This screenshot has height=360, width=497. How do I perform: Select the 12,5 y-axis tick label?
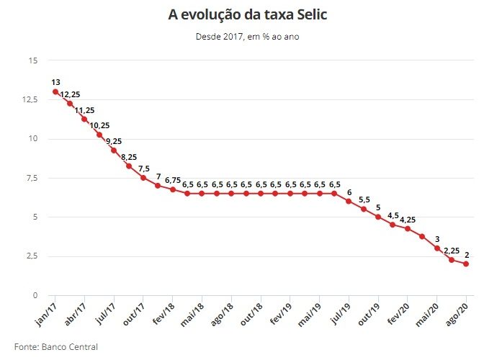[x=28, y=99]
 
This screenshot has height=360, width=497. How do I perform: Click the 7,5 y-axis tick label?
[x=30, y=178]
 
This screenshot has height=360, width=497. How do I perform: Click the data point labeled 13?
[x=55, y=91]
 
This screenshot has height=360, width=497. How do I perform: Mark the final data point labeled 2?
[x=466, y=264]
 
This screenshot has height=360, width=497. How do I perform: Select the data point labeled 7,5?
[x=143, y=177]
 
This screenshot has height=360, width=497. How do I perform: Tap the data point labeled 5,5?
[x=364, y=209]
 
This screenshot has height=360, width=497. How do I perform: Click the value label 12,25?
[x=70, y=94]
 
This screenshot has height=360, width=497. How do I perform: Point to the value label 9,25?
[x=114, y=141]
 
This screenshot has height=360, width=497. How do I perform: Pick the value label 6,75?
[x=173, y=180]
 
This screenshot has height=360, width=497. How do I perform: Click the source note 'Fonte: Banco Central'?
[x=55, y=346]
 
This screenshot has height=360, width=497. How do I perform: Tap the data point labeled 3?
[x=437, y=248]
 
